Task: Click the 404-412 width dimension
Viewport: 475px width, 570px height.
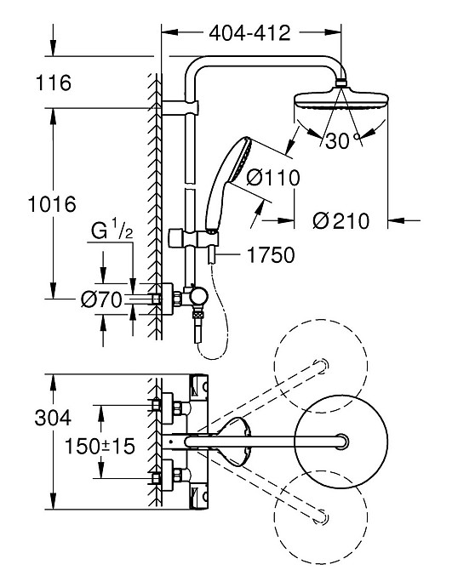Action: click(249, 33)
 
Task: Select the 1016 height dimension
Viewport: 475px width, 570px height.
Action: click(50, 204)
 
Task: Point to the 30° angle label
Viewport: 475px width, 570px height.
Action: click(337, 141)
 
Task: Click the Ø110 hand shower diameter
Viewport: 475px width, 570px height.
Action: click(274, 178)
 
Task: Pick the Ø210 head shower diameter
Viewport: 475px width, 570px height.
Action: click(341, 221)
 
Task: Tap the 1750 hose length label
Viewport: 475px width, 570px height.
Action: click(272, 254)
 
